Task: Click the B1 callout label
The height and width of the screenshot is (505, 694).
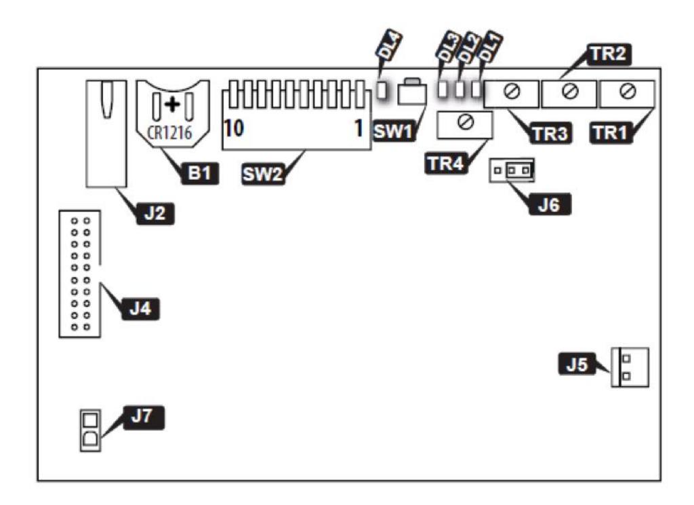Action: click(200, 173)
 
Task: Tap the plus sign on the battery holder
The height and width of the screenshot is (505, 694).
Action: click(172, 105)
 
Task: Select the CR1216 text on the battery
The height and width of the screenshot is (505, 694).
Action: click(169, 132)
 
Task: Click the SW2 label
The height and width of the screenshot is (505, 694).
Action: click(262, 174)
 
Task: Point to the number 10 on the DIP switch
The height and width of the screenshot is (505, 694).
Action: click(234, 128)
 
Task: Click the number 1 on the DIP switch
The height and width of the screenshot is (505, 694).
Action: click(359, 128)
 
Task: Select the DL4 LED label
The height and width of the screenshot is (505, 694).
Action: click(390, 46)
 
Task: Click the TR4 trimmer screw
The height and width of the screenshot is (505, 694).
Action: click(466, 121)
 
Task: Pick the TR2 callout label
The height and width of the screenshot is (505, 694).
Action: click(609, 54)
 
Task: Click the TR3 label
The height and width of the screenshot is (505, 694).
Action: click(550, 134)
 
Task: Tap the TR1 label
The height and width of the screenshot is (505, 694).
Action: click(611, 132)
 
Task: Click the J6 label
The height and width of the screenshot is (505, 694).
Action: click(549, 204)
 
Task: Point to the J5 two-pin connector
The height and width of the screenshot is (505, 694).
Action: click(630, 367)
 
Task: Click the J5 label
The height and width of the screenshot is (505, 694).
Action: click(577, 364)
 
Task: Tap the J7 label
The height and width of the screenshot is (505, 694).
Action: click(143, 417)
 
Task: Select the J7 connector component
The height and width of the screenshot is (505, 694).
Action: click(90, 430)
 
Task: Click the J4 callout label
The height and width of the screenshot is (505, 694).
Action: click(140, 308)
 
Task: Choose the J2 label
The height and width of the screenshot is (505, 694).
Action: click(155, 214)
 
